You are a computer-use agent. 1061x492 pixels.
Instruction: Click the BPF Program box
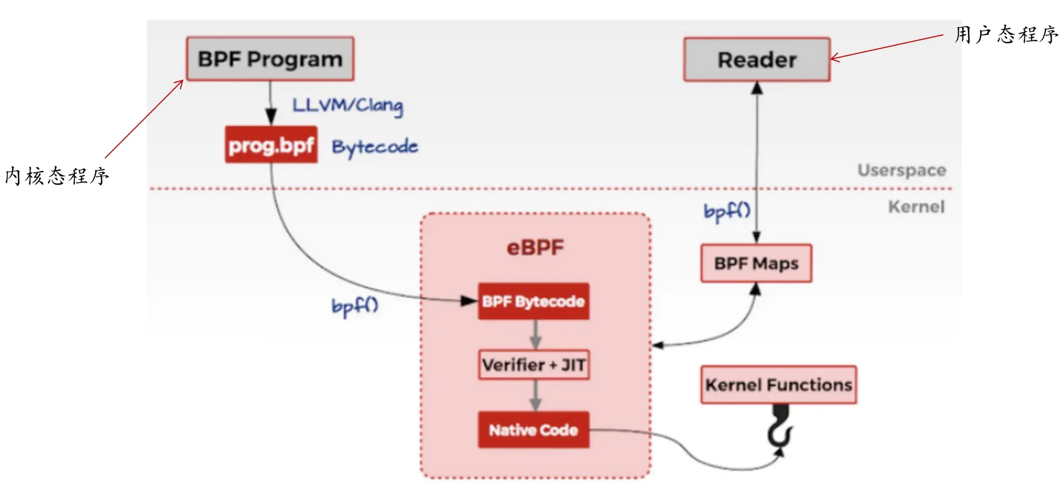[270, 59]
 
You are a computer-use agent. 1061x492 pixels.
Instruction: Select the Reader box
[757, 60]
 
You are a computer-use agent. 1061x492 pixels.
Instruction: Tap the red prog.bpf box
[271, 145]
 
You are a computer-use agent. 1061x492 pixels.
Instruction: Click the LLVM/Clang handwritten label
[348, 105]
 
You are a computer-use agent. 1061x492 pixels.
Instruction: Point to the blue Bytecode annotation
[375, 146]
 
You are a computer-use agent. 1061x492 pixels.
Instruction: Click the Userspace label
[902, 170]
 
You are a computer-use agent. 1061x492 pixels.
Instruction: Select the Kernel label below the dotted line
[916, 207]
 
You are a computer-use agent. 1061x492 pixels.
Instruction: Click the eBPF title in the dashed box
[535, 248]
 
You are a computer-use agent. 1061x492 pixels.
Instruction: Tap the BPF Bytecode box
[534, 301]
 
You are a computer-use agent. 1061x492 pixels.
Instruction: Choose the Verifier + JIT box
[534, 365]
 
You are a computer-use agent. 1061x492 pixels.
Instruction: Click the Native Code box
[534, 430]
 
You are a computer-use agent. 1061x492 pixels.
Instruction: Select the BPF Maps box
[756, 264]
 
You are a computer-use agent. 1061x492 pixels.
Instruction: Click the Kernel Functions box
[779, 385]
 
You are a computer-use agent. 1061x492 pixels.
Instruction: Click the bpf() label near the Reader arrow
[727, 211]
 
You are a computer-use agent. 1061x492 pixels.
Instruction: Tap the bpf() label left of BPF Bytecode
[355, 306]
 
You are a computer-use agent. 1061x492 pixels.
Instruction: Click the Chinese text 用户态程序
[1006, 35]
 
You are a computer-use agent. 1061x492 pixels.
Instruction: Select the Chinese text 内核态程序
[57, 176]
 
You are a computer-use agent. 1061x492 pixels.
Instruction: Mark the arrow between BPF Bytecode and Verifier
[535, 335]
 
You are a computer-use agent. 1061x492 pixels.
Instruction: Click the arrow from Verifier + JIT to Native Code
[535, 396]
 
